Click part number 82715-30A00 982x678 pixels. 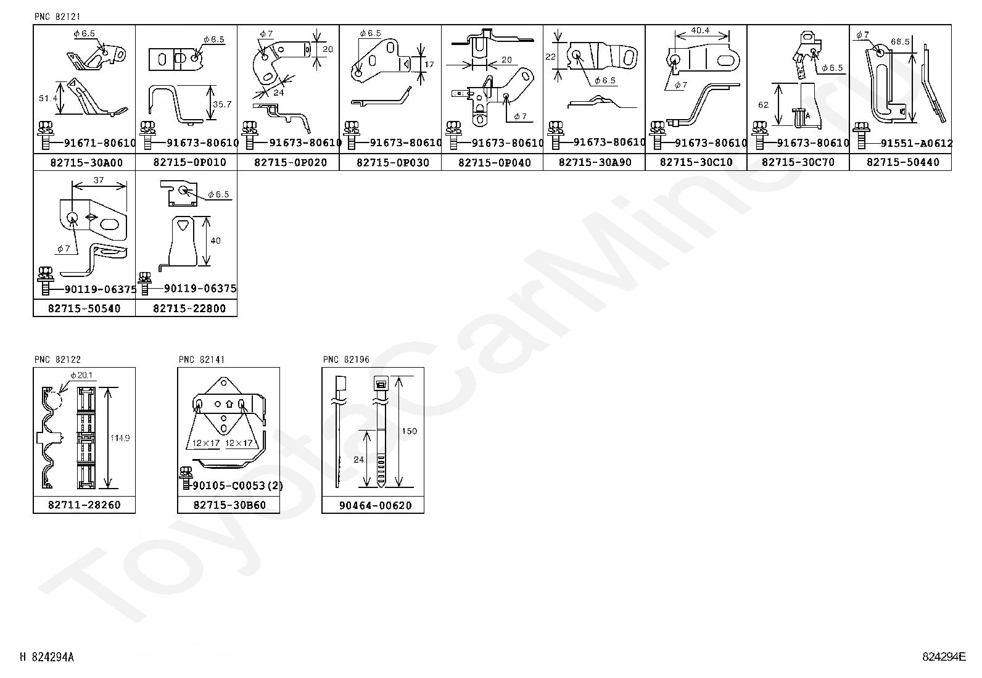click(x=86, y=162)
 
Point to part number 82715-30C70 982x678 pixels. click(x=799, y=162)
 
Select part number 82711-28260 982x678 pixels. click(x=85, y=505)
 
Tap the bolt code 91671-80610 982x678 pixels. click(x=99, y=143)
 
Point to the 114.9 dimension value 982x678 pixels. click(x=119, y=438)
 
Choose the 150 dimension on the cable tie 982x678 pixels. click(x=409, y=431)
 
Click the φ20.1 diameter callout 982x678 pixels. click(x=81, y=375)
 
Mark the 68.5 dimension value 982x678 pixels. click(x=900, y=41)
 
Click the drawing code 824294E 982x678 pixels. click(x=944, y=656)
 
